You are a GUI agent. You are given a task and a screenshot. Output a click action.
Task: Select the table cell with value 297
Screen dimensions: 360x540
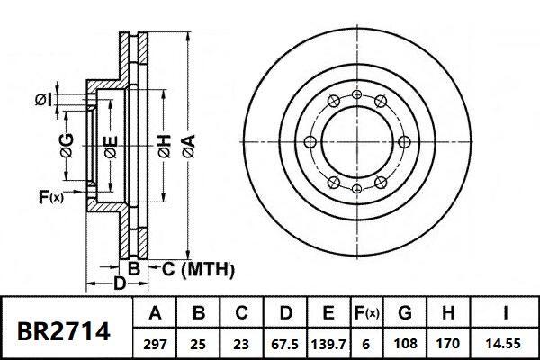click(x=154, y=343)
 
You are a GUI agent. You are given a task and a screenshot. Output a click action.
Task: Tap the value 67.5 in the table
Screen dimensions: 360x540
click(x=286, y=343)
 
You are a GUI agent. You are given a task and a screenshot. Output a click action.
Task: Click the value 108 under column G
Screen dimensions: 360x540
click(x=406, y=343)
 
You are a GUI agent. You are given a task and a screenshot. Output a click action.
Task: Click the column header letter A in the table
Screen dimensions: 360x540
click(x=154, y=314)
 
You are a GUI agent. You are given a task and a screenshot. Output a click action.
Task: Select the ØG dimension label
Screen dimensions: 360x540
click(x=67, y=144)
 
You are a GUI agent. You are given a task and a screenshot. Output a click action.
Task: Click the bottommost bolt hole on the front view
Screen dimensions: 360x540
click(x=357, y=188)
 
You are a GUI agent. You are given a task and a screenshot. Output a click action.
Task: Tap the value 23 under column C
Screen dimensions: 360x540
click(x=242, y=343)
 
